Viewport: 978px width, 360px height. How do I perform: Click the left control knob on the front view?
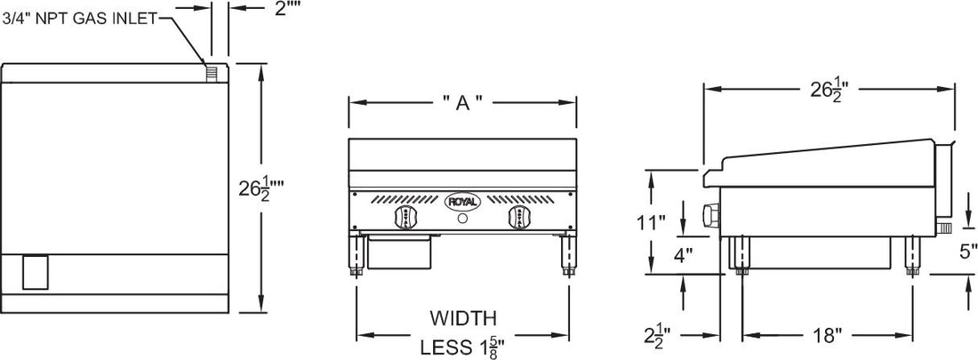pos(401,219)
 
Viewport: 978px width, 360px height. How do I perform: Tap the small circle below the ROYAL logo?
pos(462,220)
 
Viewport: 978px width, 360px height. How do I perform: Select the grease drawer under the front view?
pos(401,252)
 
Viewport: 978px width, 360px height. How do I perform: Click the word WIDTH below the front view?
pos(462,317)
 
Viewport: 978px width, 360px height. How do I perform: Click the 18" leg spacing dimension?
pos(827,335)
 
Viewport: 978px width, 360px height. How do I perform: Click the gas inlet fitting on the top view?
pos(212,72)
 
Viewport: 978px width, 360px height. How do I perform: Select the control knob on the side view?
pos(709,215)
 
